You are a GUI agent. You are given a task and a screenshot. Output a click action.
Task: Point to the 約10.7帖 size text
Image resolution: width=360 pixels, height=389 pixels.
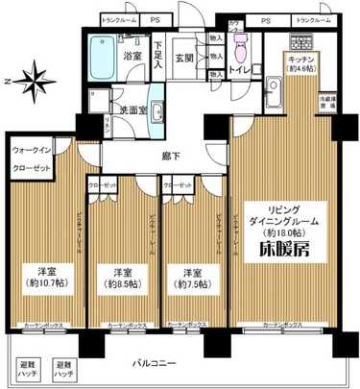pos(42,285)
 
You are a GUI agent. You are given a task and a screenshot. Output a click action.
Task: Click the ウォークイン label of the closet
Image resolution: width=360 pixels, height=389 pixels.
pos(33,150)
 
